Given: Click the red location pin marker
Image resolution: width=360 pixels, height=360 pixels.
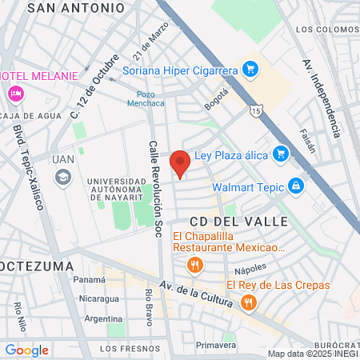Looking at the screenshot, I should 181,162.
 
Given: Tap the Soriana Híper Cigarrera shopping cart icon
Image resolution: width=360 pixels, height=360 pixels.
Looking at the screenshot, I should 250,70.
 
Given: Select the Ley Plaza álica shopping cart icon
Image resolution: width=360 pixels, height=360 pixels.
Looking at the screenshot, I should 280,152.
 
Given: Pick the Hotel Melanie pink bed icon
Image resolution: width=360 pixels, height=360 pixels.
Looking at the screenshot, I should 14,94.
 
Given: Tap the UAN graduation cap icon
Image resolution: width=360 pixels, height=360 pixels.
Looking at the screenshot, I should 61,178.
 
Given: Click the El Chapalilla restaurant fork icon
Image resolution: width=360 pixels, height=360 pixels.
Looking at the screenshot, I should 194,265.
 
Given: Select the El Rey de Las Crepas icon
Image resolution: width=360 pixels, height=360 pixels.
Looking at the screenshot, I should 249,302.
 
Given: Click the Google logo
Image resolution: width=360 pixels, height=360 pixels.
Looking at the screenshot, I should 26,350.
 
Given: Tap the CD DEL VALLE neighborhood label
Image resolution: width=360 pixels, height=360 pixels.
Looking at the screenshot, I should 226,219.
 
